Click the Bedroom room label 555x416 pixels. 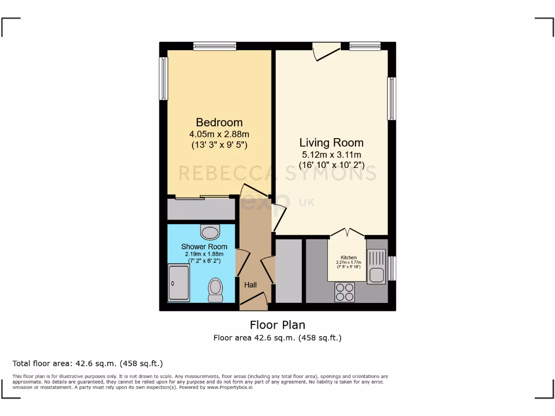(219, 122)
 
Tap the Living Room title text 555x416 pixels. (331, 143)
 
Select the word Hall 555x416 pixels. (250, 285)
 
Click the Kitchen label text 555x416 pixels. (349, 257)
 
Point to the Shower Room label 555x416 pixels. (204, 247)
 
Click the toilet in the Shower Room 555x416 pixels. (215, 290)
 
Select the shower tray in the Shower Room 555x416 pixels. (179, 283)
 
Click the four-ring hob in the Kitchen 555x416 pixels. (344, 292)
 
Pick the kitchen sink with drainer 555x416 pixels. (376, 266)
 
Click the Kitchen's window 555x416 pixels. (392, 269)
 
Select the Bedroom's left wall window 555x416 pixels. (163, 79)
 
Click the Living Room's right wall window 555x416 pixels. (391, 99)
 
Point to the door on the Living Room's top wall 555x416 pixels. (327, 51)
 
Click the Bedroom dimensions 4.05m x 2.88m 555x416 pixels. (219, 134)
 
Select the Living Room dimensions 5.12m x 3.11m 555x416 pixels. (331, 154)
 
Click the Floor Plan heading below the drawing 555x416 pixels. (277, 325)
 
